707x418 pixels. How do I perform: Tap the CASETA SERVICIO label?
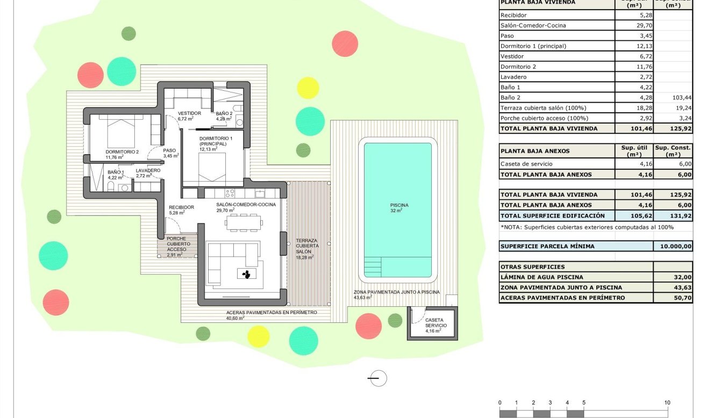(x=435, y=322)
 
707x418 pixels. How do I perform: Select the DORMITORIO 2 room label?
(x=122, y=152)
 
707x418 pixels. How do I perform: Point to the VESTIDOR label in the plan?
(x=189, y=113)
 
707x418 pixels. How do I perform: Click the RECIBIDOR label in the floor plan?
(x=181, y=207)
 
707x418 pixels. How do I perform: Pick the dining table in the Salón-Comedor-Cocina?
(x=245, y=222)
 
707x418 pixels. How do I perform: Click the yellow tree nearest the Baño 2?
(x=308, y=88)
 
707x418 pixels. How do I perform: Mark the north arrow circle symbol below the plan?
(x=379, y=378)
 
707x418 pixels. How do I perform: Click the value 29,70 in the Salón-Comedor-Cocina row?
(x=634, y=25)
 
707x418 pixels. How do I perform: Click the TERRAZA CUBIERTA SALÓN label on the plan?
(x=308, y=246)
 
